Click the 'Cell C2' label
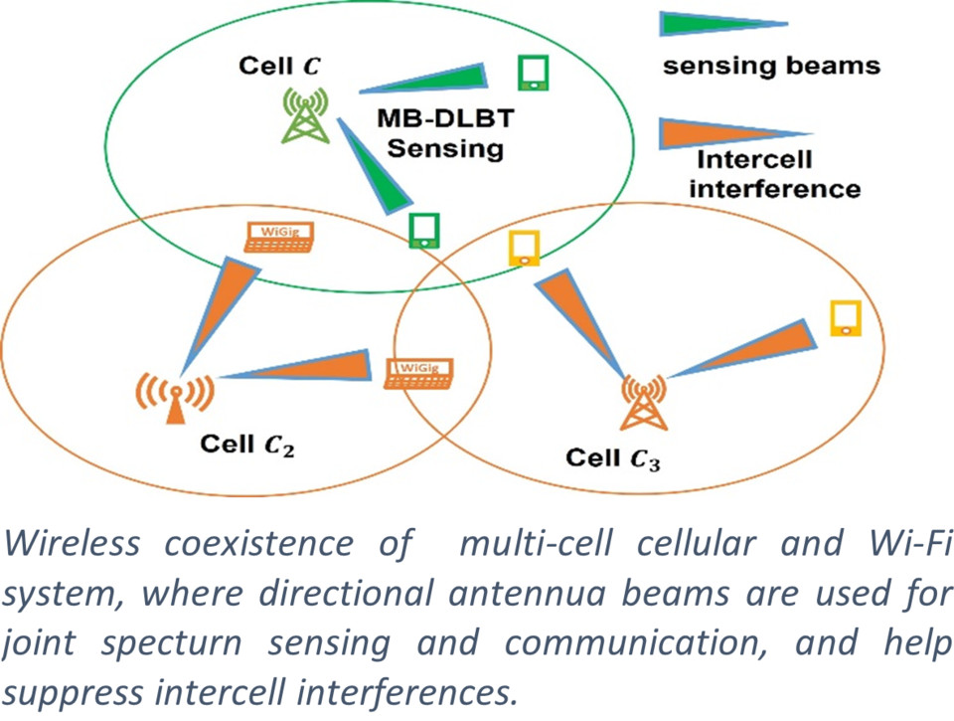pos(246,444)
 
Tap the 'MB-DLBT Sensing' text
pos(445,134)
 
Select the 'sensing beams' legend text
pos(771,67)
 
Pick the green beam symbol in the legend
pos(723,24)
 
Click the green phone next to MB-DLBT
pos(534,73)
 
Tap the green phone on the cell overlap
pos(424,230)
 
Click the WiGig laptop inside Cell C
pos(279,235)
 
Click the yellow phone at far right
pos(846,317)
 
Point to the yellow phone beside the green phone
pos(523,248)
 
